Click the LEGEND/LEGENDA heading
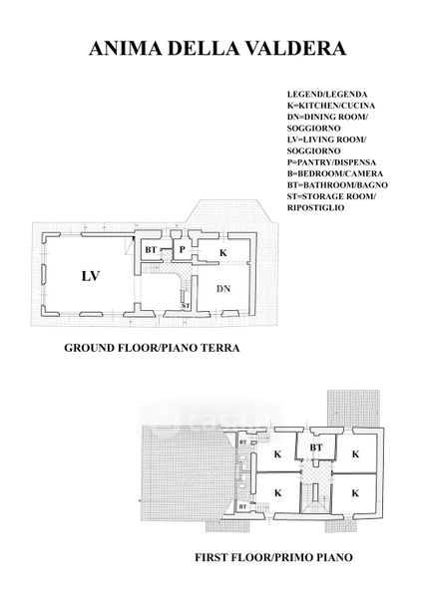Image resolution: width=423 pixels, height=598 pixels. [x=327, y=95]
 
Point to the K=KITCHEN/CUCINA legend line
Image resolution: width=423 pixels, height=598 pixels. [x=331, y=106]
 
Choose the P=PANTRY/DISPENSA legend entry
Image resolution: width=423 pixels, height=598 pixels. [x=331, y=162]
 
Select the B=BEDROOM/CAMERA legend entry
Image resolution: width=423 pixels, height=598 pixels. [x=335, y=173]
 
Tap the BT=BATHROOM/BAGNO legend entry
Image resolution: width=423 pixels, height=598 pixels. [x=337, y=185]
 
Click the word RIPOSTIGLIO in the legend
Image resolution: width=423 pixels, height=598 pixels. [x=315, y=208]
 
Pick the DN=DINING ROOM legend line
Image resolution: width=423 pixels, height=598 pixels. [x=327, y=117]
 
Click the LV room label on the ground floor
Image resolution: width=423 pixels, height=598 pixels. [x=91, y=276]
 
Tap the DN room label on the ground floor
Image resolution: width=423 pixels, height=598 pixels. [x=223, y=289]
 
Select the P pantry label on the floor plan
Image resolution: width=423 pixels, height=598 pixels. [x=183, y=250]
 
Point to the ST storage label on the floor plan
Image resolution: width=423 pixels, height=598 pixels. [x=186, y=306]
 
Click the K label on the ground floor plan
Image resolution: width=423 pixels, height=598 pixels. [x=223, y=252]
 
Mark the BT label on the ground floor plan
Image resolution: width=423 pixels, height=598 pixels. [x=151, y=250]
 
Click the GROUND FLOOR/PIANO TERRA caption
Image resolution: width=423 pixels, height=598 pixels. [x=152, y=348]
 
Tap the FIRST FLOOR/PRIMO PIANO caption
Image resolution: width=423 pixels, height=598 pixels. [x=273, y=557]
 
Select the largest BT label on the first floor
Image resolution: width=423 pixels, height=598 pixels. [x=316, y=448]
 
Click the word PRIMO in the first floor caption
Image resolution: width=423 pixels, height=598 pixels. [x=293, y=557]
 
